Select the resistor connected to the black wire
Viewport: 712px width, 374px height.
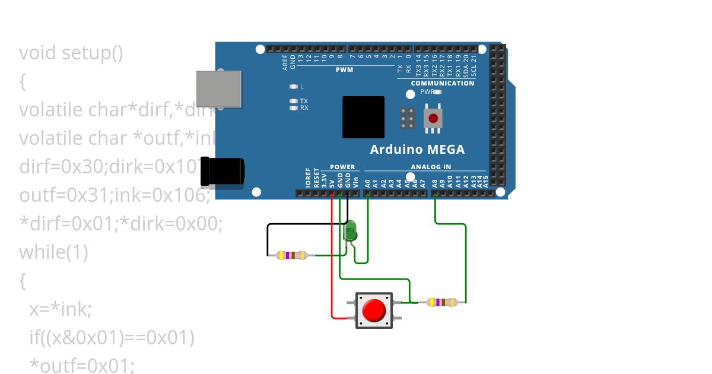292,255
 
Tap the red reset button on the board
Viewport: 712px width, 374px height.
433,118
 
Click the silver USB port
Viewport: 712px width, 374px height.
220,89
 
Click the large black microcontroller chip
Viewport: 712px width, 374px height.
363,117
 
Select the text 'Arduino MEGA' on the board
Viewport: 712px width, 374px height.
417,150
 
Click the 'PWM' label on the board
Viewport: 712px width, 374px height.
344,69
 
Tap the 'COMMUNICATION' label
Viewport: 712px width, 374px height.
443,83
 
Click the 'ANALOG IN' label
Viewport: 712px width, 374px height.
431,167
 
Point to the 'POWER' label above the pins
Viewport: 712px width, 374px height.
342,167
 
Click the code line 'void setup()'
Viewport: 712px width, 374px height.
71,53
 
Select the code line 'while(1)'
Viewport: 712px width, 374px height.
53,252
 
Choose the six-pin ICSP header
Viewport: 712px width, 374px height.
407,118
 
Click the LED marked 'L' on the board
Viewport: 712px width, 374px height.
293,87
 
